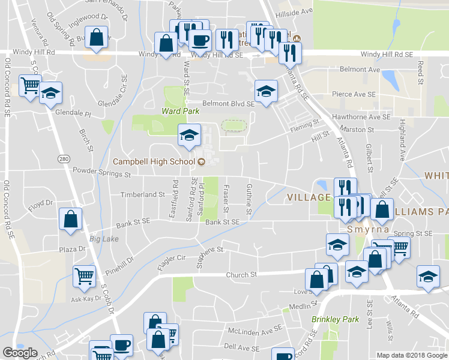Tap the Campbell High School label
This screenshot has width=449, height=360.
click(154, 161)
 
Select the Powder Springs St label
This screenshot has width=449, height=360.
click(101, 174)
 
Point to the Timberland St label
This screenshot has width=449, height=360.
click(142, 194)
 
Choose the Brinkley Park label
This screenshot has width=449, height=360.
click(335, 319)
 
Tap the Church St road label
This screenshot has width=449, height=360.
click(241, 275)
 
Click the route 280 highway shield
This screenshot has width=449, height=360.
click(64, 159)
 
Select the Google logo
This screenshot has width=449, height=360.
click(20, 352)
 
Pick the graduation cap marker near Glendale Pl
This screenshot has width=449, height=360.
click(51, 94)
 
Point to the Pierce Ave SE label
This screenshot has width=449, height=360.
click(354, 95)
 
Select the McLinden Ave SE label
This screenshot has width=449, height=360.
click(255, 330)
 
